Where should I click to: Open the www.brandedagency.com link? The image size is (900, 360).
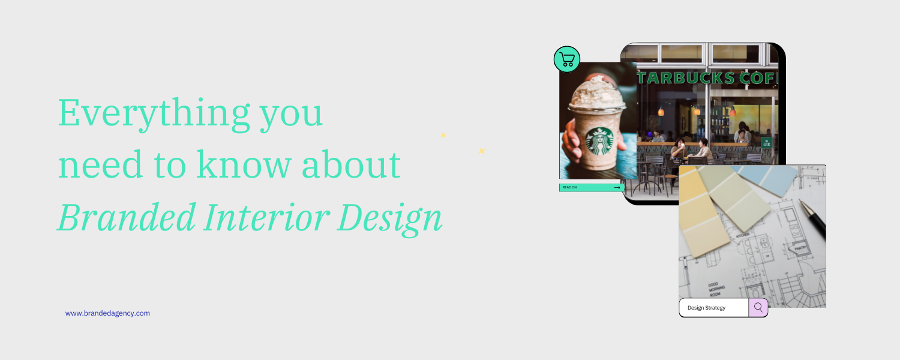point(107,313)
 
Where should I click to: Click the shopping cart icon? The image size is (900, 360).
point(567,59)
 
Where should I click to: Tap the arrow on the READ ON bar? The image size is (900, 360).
point(617,187)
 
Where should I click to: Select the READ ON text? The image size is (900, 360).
point(569,187)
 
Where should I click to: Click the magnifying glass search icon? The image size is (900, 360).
point(758,307)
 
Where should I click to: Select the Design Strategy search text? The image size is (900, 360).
point(706,308)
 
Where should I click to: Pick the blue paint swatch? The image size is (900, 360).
point(774,178)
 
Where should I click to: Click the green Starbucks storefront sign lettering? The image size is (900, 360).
point(708,79)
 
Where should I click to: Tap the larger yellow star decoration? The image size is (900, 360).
point(481,151)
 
